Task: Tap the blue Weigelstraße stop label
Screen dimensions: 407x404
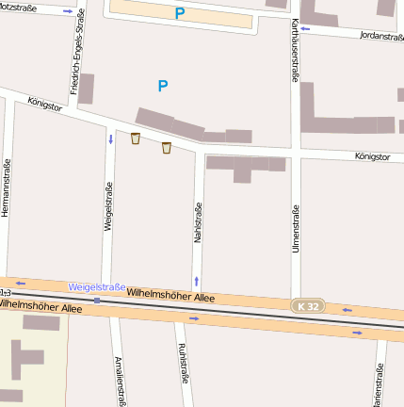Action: click(97, 286)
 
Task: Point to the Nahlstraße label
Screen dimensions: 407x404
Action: click(198, 224)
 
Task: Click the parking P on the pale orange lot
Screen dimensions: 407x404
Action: click(179, 14)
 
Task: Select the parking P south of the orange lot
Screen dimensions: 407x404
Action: click(163, 87)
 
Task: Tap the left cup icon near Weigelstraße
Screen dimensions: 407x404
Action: click(136, 138)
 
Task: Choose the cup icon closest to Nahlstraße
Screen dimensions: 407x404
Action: click(167, 147)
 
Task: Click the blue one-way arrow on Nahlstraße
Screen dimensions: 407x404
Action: click(197, 280)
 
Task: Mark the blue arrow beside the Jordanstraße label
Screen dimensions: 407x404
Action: click(305, 28)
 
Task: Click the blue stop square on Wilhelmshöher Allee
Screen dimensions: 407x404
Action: click(96, 300)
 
